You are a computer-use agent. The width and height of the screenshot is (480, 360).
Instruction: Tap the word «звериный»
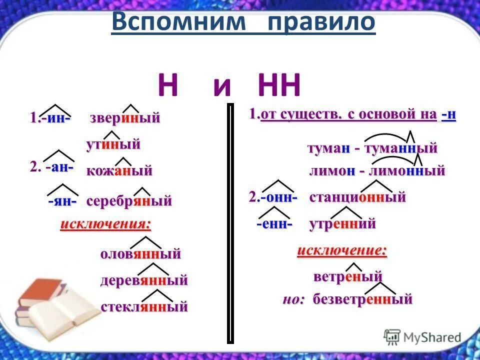click(x=125, y=118)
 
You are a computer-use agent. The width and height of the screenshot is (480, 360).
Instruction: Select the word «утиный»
click(x=113, y=145)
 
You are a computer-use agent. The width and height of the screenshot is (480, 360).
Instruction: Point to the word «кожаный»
click(x=119, y=171)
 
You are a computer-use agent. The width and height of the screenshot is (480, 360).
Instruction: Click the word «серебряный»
click(x=129, y=201)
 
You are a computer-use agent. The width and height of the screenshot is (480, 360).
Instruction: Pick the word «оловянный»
click(x=140, y=254)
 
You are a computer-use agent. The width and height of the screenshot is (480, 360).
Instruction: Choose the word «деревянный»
click(x=144, y=280)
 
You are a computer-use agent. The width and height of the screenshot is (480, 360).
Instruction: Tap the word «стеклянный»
click(x=144, y=306)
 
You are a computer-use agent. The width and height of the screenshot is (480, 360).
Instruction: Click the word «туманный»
click(x=401, y=148)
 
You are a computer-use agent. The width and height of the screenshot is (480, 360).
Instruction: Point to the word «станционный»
click(x=357, y=197)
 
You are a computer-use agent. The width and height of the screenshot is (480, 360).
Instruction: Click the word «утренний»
click(x=342, y=224)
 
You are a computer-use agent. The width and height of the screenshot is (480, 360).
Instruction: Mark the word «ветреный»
click(x=348, y=276)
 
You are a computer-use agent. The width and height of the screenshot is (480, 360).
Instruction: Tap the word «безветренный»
click(x=363, y=299)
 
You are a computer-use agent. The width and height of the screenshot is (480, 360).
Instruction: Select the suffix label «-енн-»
click(x=274, y=224)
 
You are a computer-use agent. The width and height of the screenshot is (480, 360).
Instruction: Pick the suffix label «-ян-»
click(x=62, y=201)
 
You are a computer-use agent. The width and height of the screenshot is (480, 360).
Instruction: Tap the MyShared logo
click(x=422, y=336)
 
